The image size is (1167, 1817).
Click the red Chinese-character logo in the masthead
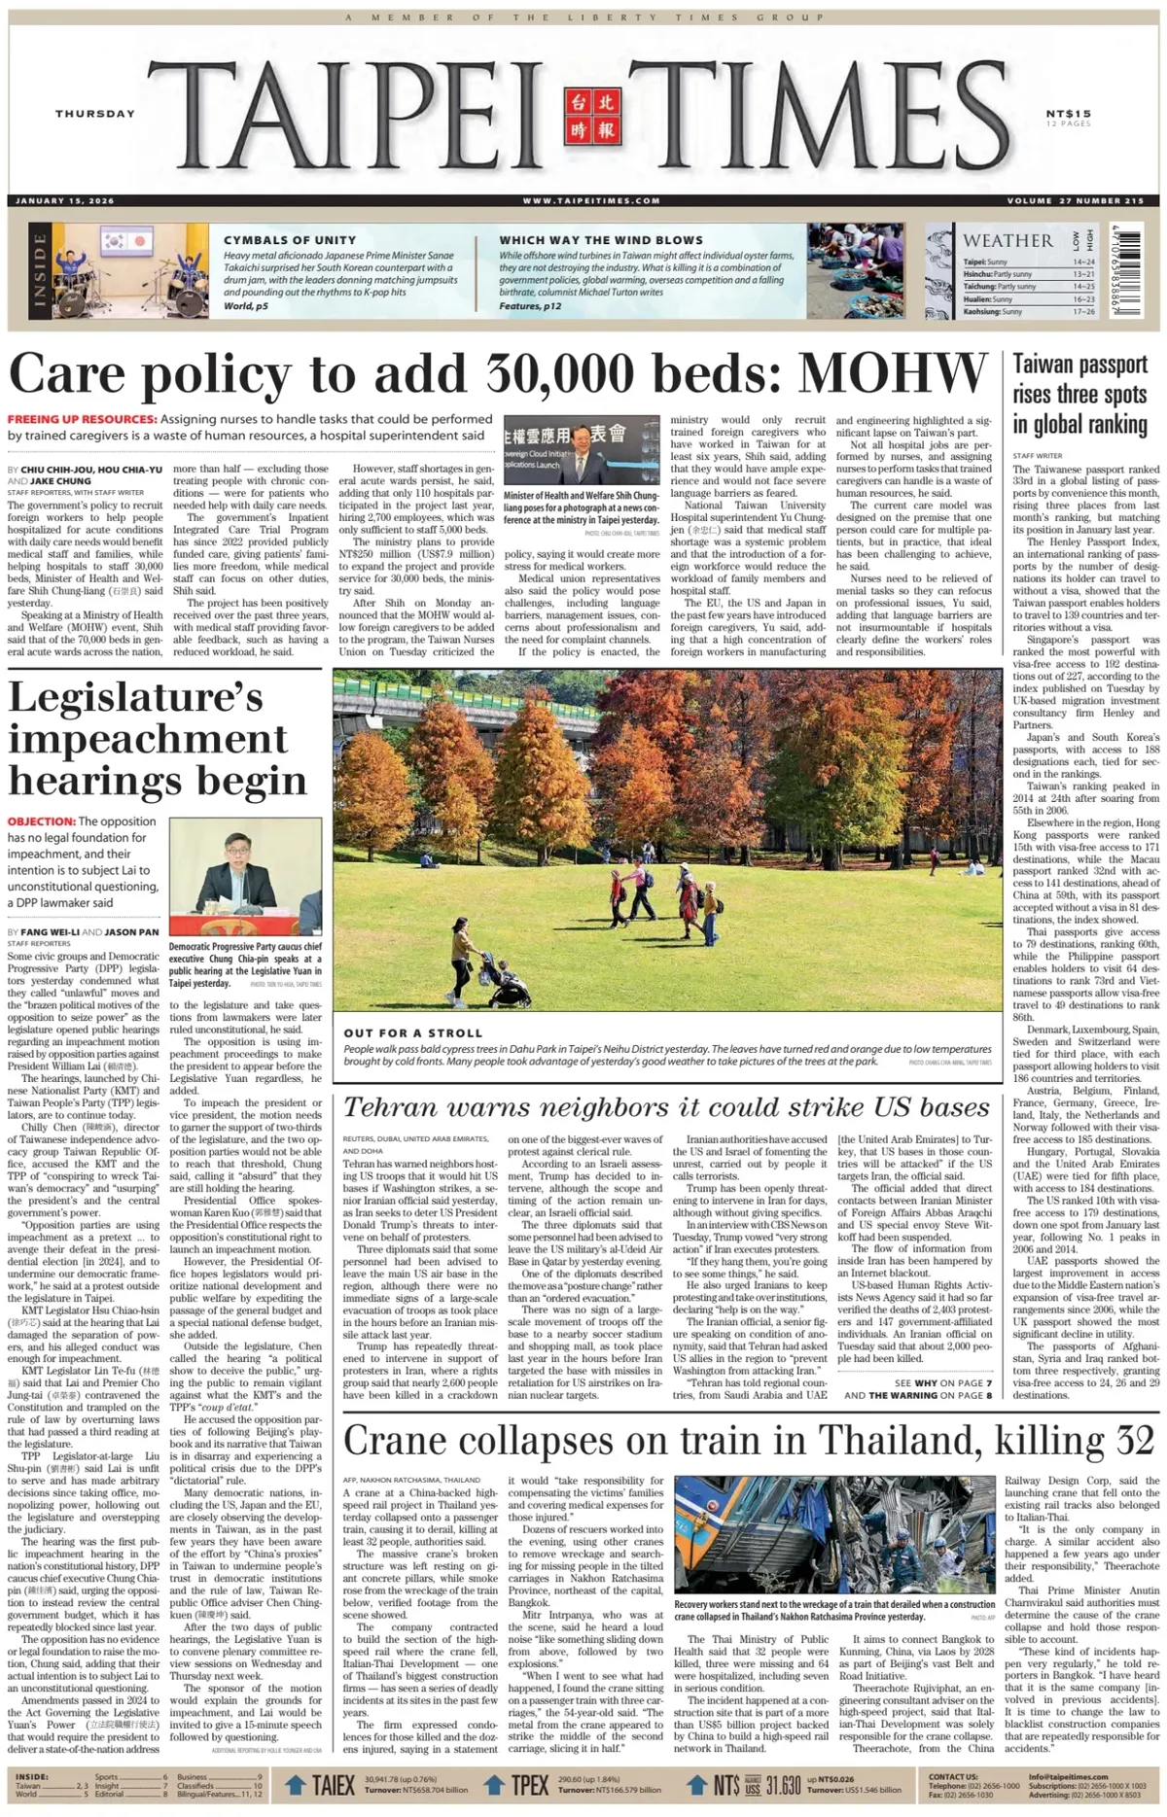coord(591,115)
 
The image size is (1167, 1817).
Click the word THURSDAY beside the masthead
coord(94,114)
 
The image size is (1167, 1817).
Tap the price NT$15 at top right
coord(1069,114)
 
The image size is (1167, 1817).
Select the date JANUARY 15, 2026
coord(65,201)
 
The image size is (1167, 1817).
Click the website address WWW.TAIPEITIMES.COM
coord(591,201)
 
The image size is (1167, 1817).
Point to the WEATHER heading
coord(1008,240)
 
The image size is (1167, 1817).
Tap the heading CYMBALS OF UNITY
coord(290,240)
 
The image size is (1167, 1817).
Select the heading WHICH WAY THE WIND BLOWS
coord(601,240)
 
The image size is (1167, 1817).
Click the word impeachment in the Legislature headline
coord(149,739)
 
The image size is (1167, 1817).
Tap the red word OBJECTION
coord(41,821)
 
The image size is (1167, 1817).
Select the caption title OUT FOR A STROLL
coord(412,1033)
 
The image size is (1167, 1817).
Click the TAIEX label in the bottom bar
coord(333,1786)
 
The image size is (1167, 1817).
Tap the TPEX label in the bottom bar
coord(530,1786)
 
